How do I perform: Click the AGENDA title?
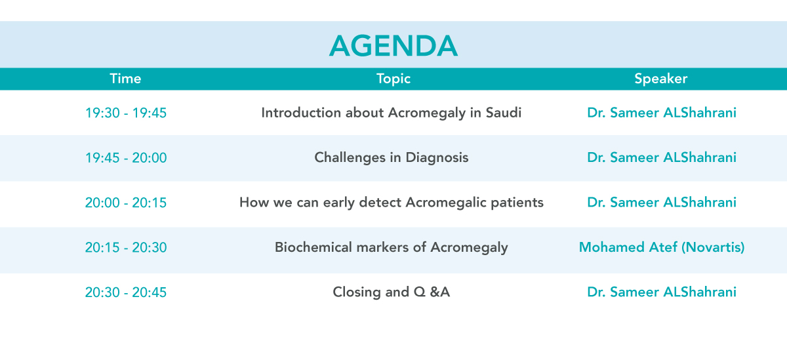(393, 46)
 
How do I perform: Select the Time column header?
(125, 79)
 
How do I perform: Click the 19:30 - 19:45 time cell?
(126, 113)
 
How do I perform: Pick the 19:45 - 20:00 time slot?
(126, 158)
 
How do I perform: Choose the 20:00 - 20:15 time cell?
(126, 203)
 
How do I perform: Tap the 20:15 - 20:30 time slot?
(126, 248)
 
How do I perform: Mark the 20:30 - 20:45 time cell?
(126, 292)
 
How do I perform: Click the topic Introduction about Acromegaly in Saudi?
(392, 113)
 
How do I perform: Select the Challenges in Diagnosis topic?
(392, 158)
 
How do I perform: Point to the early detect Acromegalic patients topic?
(392, 203)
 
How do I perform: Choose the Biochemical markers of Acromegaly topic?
(392, 248)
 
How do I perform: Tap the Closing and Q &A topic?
(392, 292)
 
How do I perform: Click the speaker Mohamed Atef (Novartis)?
(662, 248)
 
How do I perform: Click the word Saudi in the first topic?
(504, 113)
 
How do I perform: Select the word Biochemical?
(313, 247)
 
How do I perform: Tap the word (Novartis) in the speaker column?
(713, 248)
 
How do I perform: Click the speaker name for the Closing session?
(662, 292)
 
